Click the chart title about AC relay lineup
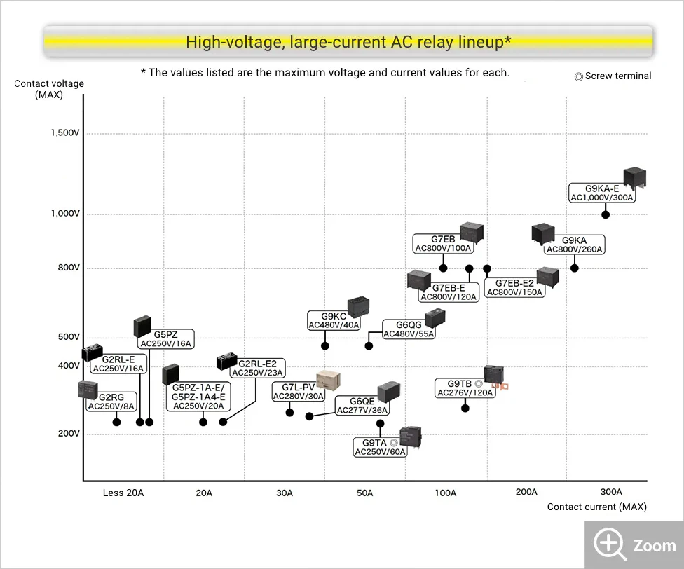click(348, 42)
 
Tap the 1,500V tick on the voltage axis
click(65, 133)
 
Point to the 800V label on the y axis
click(67, 268)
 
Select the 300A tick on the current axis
click(611, 493)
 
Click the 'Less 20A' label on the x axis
click(123, 493)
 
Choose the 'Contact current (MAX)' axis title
click(596, 507)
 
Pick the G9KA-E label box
click(602, 193)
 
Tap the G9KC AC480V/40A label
click(334, 320)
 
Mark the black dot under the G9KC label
click(325, 345)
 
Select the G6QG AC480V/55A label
click(409, 329)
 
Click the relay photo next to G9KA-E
click(635, 178)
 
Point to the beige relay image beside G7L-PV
click(329, 380)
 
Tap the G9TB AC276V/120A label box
click(465, 388)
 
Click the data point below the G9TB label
click(465, 408)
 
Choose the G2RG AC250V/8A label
click(111, 402)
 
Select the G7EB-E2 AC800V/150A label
click(514, 287)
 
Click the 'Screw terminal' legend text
click(613, 76)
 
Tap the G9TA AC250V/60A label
click(380, 448)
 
